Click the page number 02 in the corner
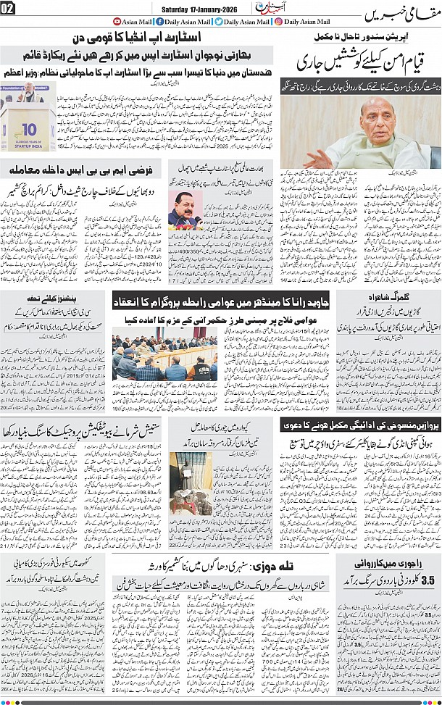point(8,8)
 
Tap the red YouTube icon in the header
point(117,22)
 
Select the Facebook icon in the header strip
point(159,22)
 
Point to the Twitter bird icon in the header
point(218,22)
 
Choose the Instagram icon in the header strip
point(279,22)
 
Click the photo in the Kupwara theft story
point(191,482)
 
